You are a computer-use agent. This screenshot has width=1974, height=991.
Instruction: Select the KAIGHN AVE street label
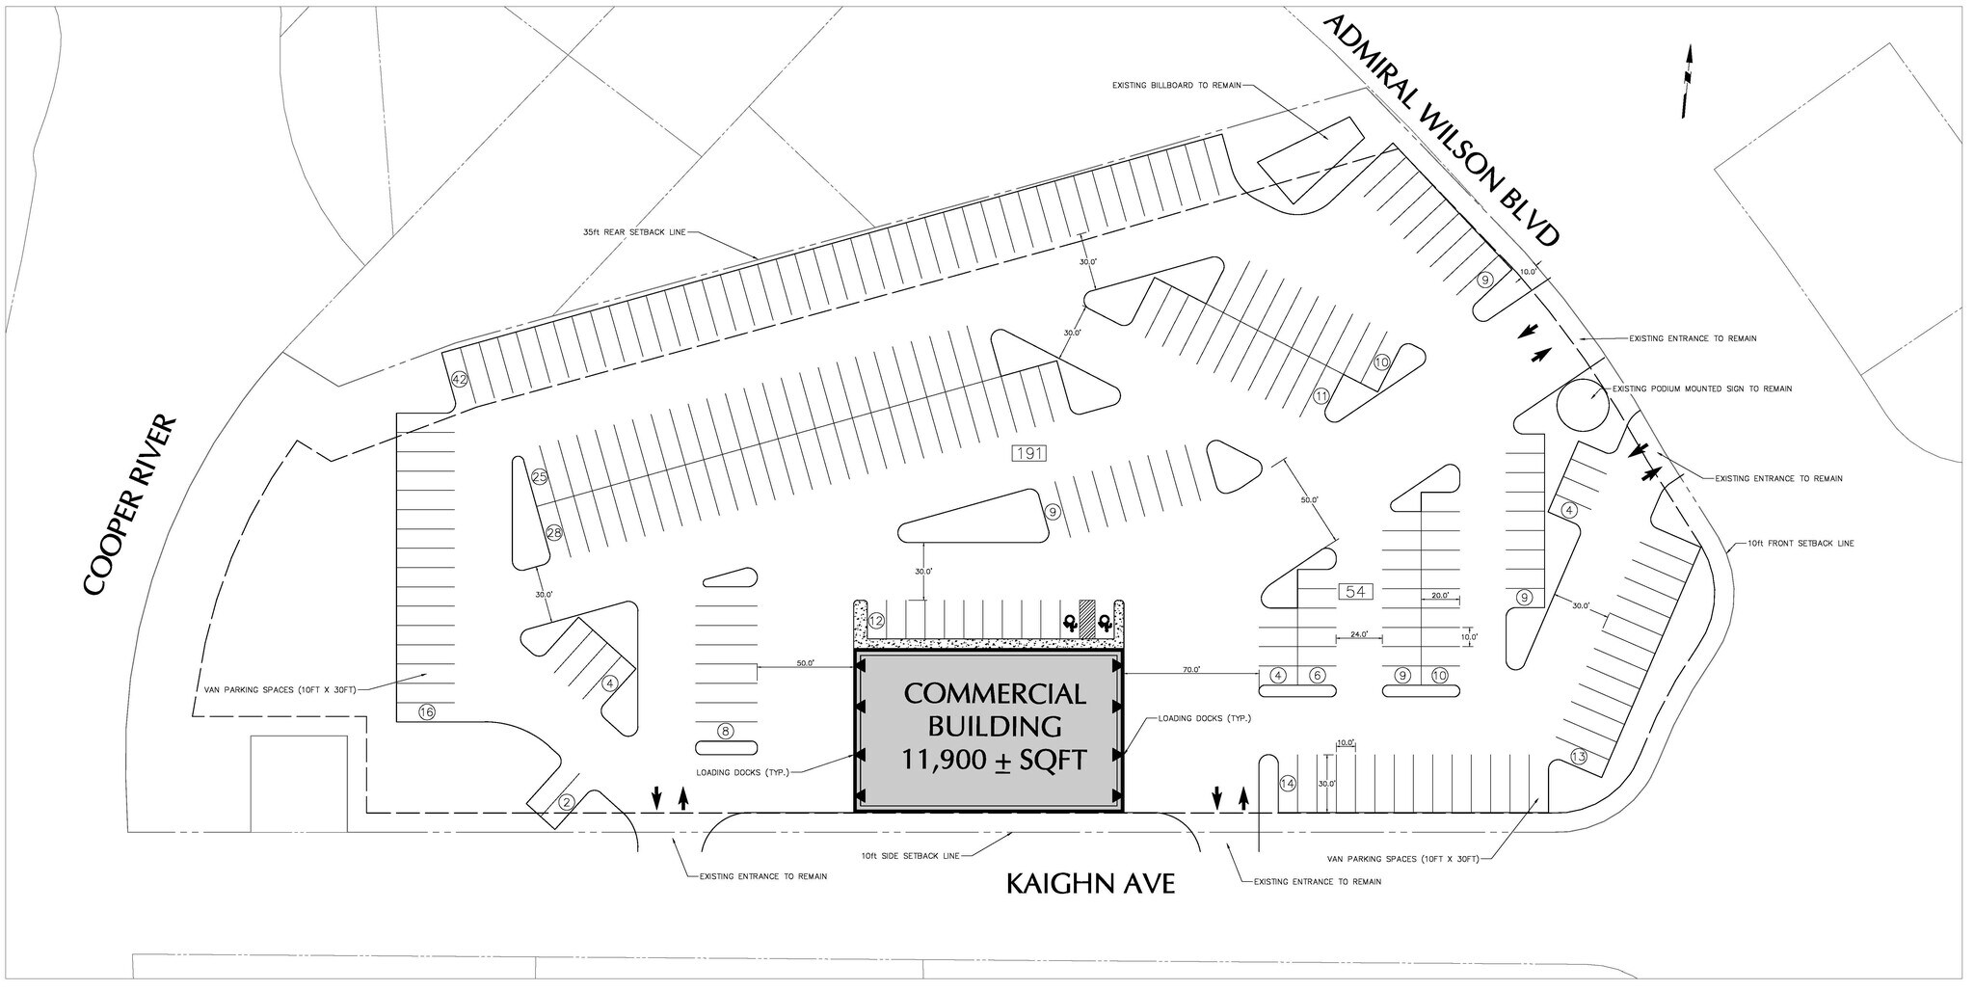coord(1090,883)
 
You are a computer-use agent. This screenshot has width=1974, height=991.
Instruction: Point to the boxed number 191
coord(1028,453)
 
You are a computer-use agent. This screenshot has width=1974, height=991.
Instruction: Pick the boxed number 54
coord(1355,591)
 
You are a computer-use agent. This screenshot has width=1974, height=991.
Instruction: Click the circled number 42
coord(460,380)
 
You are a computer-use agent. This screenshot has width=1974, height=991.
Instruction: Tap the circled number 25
coord(539,477)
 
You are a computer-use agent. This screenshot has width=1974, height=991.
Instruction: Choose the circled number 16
coord(426,712)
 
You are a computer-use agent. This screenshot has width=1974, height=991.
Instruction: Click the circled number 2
coord(567,802)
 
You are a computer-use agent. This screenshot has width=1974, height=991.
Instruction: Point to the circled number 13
coord(1578,756)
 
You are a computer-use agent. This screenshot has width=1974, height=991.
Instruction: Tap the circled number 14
coord(1288,783)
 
